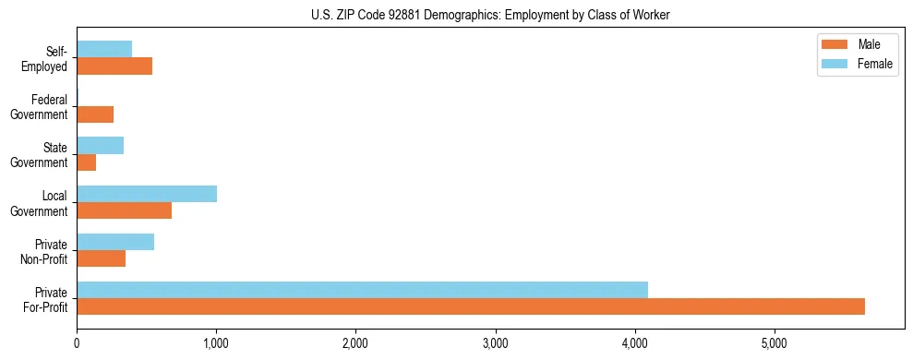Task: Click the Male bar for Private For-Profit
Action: (471, 306)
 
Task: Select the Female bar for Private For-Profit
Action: (362, 290)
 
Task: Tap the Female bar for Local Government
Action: (147, 194)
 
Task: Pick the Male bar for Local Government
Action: (124, 210)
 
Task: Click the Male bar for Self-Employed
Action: (114, 66)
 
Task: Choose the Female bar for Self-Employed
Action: (104, 49)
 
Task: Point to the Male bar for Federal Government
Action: (95, 114)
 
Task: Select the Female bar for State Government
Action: (100, 146)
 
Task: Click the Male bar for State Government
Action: (87, 162)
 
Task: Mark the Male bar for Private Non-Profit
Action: (102, 258)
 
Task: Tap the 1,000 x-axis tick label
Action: (216, 344)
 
